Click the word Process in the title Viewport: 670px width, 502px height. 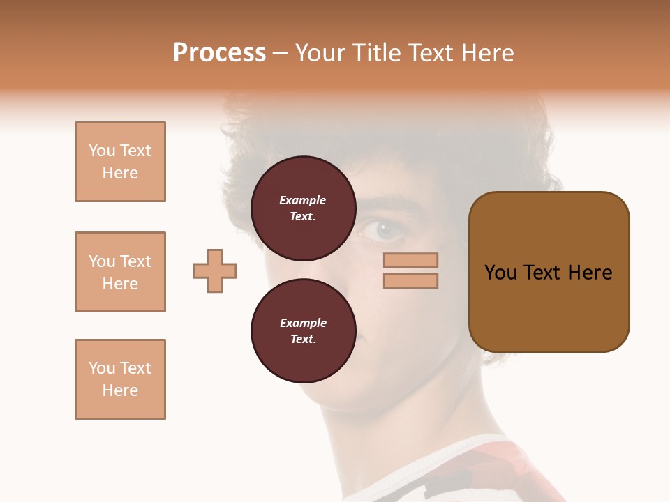[x=219, y=53]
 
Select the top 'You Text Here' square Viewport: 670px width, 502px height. [x=120, y=162]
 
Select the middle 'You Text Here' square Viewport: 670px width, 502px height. [x=120, y=272]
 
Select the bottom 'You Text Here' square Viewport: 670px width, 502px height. [x=120, y=379]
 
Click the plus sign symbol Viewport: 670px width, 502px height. [x=215, y=271]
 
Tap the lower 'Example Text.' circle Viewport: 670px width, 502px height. [x=303, y=330]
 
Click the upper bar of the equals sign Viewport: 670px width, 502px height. [x=410, y=261]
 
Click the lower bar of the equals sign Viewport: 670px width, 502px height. [x=410, y=281]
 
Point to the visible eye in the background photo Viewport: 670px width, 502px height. [x=382, y=229]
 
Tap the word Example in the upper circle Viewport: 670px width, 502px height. [x=303, y=200]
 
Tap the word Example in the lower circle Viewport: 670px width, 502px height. [x=303, y=323]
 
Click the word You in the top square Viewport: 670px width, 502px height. [x=102, y=151]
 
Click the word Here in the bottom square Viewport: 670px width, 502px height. [x=120, y=390]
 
